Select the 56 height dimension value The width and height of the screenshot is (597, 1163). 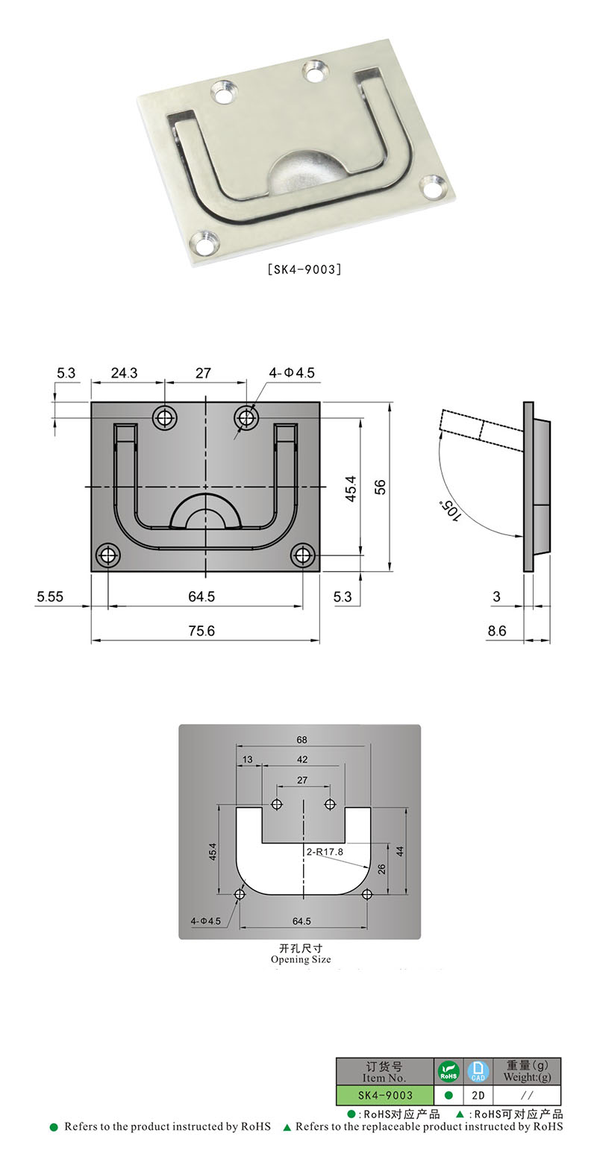380,487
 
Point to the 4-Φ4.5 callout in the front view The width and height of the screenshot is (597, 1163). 292,372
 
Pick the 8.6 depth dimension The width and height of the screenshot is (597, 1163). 496,631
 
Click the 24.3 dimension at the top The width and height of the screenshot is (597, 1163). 124,372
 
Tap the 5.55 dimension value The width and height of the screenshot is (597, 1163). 51,596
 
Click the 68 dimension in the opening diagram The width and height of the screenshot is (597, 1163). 301,740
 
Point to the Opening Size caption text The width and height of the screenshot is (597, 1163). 300,959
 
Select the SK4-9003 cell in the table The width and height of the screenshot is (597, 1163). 384,1095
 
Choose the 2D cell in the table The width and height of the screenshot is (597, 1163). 478,1095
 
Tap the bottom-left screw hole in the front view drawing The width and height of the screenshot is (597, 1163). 109,555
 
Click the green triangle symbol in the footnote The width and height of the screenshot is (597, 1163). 287,1127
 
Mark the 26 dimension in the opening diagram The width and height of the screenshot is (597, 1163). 382,869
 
